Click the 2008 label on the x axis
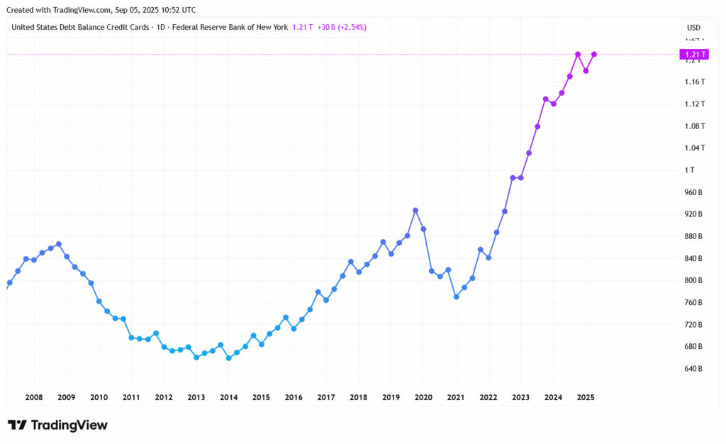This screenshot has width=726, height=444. [33, 397]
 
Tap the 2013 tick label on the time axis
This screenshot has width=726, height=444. [196, 397]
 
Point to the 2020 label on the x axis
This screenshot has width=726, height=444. [423, 397]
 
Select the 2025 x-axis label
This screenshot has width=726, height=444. [585, 397]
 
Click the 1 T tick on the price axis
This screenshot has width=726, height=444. [690, 170]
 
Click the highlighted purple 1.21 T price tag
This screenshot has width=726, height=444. [692, 55]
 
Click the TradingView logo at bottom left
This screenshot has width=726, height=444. [57, 425]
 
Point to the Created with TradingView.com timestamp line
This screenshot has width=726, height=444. [102, 10]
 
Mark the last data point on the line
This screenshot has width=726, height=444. [594, 55]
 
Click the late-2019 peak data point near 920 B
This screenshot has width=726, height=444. [415, 210]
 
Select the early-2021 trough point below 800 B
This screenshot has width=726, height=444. [456, 296]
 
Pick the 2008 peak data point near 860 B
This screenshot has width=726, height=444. [58, 244]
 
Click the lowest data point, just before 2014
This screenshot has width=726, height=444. [228, 358]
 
